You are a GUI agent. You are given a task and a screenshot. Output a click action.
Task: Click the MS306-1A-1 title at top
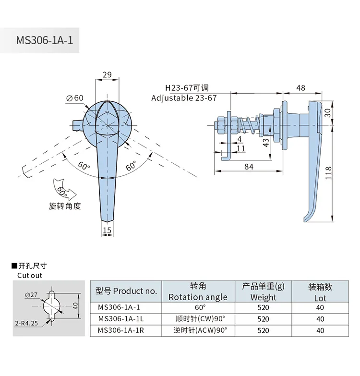point(44,40)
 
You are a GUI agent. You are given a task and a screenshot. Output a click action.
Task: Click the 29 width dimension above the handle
point(107,75)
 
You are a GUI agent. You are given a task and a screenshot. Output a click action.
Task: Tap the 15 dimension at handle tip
point(107,230)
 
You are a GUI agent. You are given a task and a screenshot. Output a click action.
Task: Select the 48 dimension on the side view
point(301,88)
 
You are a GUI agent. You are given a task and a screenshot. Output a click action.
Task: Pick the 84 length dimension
point(249,166)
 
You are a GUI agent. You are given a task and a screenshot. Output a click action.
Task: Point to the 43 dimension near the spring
point(265,142)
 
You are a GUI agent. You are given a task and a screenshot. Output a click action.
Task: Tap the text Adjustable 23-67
point(184,98)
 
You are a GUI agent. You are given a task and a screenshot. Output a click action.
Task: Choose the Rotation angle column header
point(198,291)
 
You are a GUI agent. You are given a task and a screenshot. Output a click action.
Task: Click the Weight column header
point(263,291)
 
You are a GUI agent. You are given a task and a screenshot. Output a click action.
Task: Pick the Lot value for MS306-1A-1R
point(320,330)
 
